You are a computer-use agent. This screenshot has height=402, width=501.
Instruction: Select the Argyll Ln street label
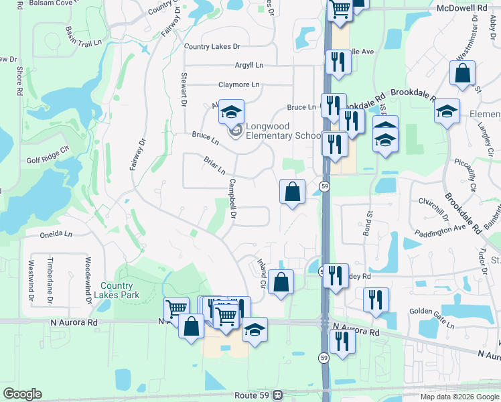pyautogui.click(x=249, y=65)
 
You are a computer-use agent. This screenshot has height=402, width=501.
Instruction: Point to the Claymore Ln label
pyautogui.click(x=238, y=84)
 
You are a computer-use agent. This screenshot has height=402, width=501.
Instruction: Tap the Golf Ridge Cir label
pyautogui.click(x=48, y=161)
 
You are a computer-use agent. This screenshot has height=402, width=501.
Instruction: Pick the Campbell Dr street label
pyautogui.click(x=233, y=198)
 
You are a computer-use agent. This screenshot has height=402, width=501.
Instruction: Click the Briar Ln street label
pyautogui.click(x=214, y=163)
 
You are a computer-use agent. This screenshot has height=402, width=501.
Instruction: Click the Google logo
pyautogui.click(x=22, y=394)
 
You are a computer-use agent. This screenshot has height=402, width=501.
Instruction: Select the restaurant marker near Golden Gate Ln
pyautogui.click(x=376, y=299)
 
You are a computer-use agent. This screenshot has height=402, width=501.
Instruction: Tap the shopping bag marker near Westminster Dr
pyautogui.click(x=463, y=74)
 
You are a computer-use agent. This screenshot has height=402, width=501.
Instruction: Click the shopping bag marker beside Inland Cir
pyautogui.click(x=283, y=282)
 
